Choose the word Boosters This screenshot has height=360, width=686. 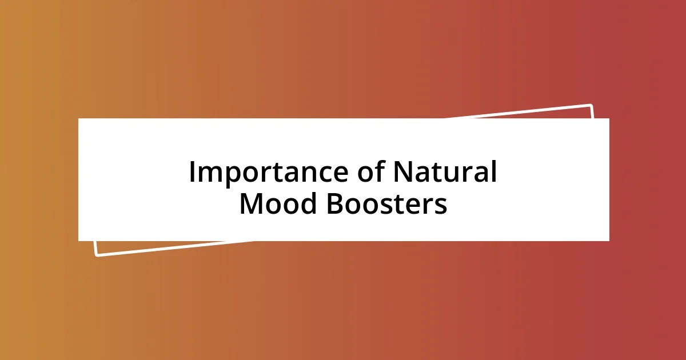387,203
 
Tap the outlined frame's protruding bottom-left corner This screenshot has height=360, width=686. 97,254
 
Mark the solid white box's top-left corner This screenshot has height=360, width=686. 79,119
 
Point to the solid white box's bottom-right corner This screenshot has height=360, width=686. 609,241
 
